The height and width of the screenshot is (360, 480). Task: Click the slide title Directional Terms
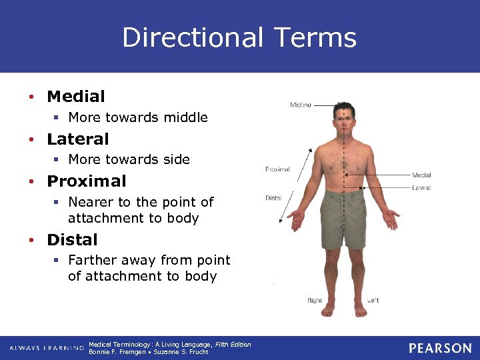239,37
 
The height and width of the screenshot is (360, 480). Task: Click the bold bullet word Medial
76,97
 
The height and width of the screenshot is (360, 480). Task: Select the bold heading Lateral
77,139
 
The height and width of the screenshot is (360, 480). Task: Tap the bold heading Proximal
86,181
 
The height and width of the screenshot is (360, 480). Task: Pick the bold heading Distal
72,240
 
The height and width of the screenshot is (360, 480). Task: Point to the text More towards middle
138,118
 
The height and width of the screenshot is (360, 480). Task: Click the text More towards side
129,160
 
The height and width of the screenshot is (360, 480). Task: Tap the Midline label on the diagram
300,105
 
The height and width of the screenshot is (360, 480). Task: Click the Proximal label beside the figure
277,169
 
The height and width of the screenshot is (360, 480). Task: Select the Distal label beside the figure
273,198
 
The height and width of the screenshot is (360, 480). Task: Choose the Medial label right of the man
421,175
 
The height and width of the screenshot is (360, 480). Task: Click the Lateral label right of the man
421,188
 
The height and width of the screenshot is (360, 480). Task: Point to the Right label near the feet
315,301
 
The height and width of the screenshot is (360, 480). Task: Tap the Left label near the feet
373,301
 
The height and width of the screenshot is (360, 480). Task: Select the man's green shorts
343,217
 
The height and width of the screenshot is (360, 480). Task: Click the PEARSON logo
440,348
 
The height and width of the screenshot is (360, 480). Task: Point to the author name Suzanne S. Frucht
181,352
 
